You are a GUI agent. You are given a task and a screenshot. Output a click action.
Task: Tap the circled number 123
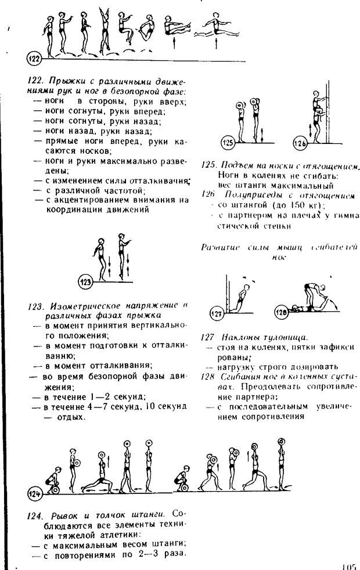pyautogui.click(x=85, y=282)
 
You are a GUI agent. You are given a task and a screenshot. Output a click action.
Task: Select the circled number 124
pyautogui.click(x=34, y=494)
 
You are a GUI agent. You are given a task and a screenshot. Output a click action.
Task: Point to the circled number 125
pyautogui.click(x=229, y=143)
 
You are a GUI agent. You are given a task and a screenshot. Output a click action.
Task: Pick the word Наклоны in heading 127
pyautogui.click(x=239, y=337)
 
